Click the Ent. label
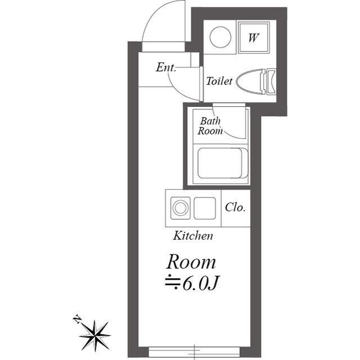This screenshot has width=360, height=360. coord(166,67)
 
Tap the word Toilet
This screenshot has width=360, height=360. coord(219,81)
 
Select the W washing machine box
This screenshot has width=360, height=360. coord(254,38)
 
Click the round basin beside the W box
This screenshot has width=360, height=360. coord(220,37)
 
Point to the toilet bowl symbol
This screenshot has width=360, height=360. coord(250,81)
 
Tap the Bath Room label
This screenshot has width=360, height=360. coord(210,126)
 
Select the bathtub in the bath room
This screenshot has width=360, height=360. coord(223,163)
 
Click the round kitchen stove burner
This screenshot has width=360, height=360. coord(181,208)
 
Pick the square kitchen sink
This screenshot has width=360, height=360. coord(205,208)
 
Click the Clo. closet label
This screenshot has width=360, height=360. coord(235,208)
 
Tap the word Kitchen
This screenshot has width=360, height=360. coord(193,236)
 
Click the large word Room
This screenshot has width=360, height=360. coord(191,262)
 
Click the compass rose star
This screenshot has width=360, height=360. coord(95,335)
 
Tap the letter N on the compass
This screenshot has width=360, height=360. coord(77,319)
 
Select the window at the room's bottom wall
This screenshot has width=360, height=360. coord(194,351)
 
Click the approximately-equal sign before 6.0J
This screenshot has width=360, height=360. coord(173,281)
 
